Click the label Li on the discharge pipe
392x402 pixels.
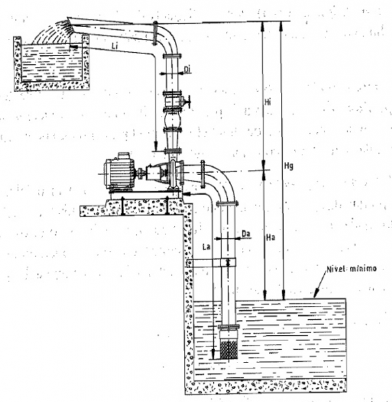(x=115, y=46)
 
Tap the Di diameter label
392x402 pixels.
(x=187, y=69)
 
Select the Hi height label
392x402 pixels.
(x=268, y=102)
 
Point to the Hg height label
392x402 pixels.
(x=289, y=167)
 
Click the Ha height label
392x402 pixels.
(x=270, y=238)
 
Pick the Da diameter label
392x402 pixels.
(x=246, y=234)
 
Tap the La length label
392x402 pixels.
(x=206, y=247)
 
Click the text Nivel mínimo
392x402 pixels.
(x=351, y=269)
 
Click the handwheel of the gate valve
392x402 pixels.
(x=189, y=102)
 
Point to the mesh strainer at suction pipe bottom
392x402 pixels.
(x=229, y=350)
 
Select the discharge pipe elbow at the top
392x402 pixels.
(x=166, y=38)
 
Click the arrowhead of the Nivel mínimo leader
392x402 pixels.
(x=316, y=294)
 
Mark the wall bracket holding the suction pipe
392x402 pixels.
(x=211, y=263)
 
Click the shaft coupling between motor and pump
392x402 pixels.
(x=140, y=173)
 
